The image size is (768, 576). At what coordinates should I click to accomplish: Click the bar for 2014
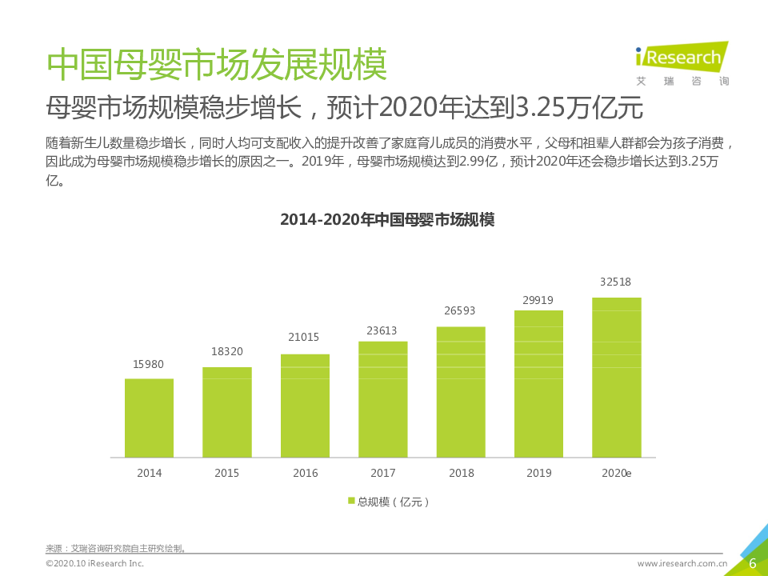[149, 418]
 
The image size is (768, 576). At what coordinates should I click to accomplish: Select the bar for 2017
[383, 399]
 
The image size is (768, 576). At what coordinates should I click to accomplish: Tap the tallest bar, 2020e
[617, 378]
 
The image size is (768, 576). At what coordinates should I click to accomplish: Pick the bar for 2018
[461, 392]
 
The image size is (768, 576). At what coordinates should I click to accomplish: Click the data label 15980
[148, 364]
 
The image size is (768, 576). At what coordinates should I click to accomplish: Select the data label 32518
[616, 282]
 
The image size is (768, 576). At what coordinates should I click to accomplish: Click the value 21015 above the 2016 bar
[305, 338]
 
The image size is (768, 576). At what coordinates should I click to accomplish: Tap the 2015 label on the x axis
[226, 474]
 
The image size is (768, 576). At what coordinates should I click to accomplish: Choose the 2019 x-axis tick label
[538, 474]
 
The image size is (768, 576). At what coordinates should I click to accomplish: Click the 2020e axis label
[617, 474]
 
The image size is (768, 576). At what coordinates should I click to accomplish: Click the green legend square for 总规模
[351, 502]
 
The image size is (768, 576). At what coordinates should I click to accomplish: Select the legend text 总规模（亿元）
[394, 502]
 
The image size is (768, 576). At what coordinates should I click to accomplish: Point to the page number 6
[752, 563]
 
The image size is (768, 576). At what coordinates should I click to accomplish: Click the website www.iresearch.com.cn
[682, 564]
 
